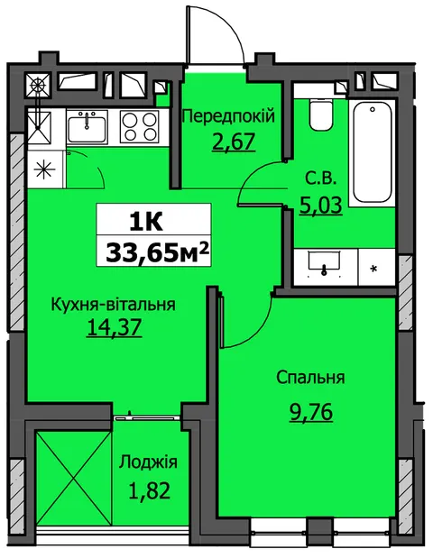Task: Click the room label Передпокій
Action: point(228,116)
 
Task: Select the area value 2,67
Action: point(234,142)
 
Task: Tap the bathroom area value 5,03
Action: point(321,206)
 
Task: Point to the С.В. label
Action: point(321,179)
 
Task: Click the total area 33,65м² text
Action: point(157,253)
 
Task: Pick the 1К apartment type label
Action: point(146,223)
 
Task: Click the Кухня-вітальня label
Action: point(114,306)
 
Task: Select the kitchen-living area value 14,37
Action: point(115,328)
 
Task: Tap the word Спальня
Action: point(310,378)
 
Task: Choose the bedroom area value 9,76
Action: point(311,413)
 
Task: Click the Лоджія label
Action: point(148,463)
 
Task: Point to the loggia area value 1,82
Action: point(150,490)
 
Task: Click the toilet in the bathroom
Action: point(321,114)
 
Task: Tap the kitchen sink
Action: point(88,126)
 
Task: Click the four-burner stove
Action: point(139,126)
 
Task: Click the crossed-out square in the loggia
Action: point(74,479)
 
